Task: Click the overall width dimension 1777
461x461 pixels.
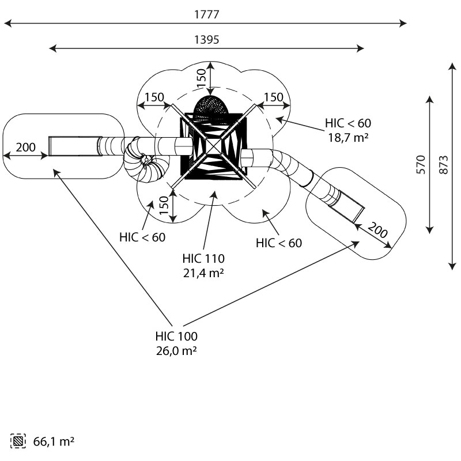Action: coord(206,14)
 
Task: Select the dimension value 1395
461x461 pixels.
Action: coord(206,40)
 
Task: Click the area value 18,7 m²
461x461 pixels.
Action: coord(349,137)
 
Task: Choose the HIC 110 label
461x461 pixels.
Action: coord(203,258)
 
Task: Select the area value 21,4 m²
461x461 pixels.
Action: coord(203,273)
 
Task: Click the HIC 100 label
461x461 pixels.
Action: coord(176,336)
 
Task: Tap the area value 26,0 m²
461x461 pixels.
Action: coord(176,350)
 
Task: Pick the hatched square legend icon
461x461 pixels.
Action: coord(18,442)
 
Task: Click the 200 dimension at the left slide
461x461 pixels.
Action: coord(25,147)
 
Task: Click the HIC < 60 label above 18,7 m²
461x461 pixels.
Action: coord(348,123)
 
